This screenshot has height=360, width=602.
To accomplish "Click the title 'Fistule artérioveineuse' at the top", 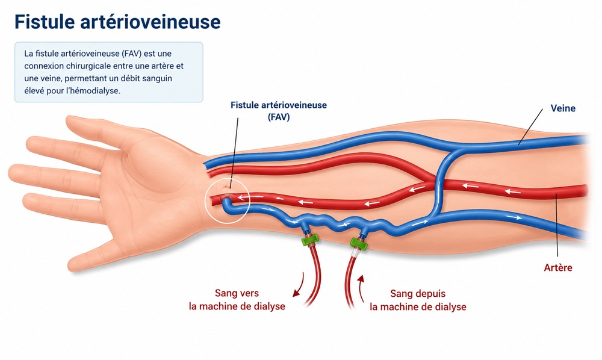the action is coord(117,22).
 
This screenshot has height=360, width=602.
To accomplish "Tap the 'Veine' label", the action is coord(563,108).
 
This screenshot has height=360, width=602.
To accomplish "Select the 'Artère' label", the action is coord(558,267).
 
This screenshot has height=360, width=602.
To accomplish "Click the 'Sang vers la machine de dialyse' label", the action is coord(237,300).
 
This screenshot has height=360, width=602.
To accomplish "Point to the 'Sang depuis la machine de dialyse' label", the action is coord(418,300).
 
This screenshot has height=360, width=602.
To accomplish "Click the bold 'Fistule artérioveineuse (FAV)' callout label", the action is coord(279,111).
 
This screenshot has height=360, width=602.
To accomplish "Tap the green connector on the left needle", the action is coord(310,240).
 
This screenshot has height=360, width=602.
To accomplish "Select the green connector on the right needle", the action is coord(359,243).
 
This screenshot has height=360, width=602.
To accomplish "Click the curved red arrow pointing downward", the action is coord(299,285).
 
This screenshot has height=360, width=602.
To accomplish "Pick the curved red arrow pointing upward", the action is coord(361,288).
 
